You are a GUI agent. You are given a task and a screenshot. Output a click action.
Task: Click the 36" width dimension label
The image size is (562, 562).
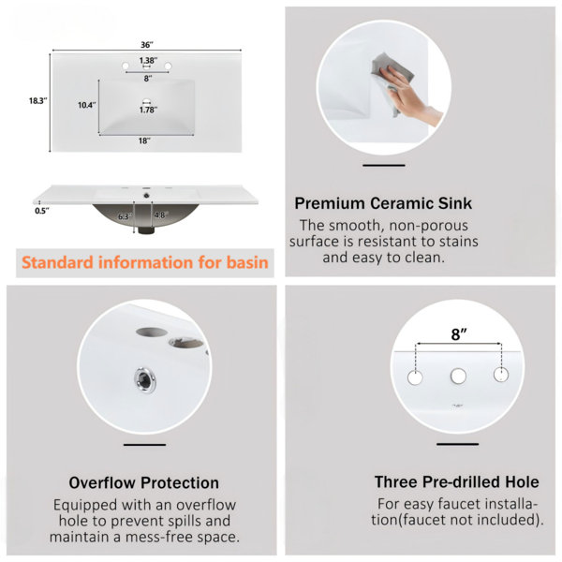(147, 45)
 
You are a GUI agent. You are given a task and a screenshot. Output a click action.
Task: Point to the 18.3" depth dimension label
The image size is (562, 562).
(38, 101)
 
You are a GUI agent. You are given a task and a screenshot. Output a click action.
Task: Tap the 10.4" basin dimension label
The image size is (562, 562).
(87, 105)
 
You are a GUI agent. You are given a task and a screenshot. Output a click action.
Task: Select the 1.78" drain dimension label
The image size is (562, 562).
(148, 110)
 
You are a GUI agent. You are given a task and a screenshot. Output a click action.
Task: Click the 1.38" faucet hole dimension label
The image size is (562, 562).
(148, 60)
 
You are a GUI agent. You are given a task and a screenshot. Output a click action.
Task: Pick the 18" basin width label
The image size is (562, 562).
(144, 140)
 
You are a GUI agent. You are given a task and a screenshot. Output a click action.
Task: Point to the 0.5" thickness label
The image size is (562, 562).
(42, 211)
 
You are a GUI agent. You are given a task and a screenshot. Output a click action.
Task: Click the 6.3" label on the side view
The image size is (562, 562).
(125, 216)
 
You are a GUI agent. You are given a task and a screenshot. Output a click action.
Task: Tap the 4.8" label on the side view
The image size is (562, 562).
(161, 215)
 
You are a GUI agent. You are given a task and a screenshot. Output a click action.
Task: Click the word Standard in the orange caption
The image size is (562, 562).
(57, 262)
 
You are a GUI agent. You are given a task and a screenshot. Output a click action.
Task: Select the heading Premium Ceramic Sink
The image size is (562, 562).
(383, 203)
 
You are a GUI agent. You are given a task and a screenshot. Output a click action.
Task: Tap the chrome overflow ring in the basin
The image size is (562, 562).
(145, 379)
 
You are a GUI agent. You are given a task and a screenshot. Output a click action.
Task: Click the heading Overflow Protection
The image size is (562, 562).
(143, 482)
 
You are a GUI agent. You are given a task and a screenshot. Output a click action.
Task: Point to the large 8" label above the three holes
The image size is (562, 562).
(458, 334)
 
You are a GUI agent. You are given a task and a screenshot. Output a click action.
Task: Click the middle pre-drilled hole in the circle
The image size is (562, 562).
(458, 376)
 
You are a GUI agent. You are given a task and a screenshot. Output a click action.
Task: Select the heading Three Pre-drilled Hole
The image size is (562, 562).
(457, 482)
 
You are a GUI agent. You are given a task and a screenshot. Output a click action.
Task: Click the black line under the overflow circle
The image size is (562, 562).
(145, 445)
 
